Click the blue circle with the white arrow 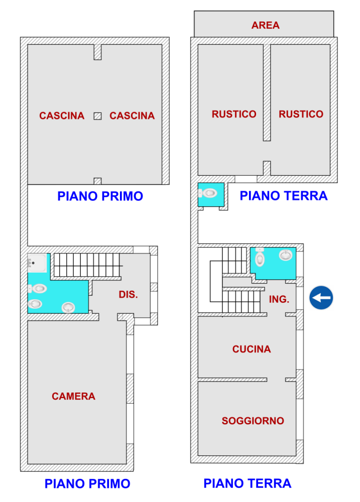pyautogui.click(x=321, y=298)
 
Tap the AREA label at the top pyautogui.click(x=266, y=25)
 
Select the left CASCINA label pyautogui.click(x=62, y=116)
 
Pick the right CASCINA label pyautogui.click(x=132, y=116)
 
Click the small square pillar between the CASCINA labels pyautogui.click(x=97, y=116)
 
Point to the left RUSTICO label pyautogui.click(x=234, y=114)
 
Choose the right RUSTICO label pyautogui.click(x=301, y=114)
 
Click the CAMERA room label pyautogui.click(x=73, y=397)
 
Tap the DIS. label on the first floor pyautogui.click(x=128, y=295)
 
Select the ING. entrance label pyautogui.click(x=279, y=299)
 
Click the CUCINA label pyautogui.click(x=252, y=349)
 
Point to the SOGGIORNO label pyautogui.click(x=253, y=421)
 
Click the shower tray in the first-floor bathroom pyautogui.click(x=37, y=263)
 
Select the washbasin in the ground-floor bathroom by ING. pyautogui.click(x=286, y=256)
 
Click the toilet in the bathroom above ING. pyautogui.click(x=260, y=258)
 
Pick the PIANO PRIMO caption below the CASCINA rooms pyautogui.click(x=100, y=196)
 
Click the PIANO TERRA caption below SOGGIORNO pyautogui.click(x=247, y=483)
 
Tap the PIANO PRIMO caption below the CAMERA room pyautogui.click(x=87, y=484)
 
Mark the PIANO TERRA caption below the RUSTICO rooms pyautogui.click(x=283, y=196)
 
